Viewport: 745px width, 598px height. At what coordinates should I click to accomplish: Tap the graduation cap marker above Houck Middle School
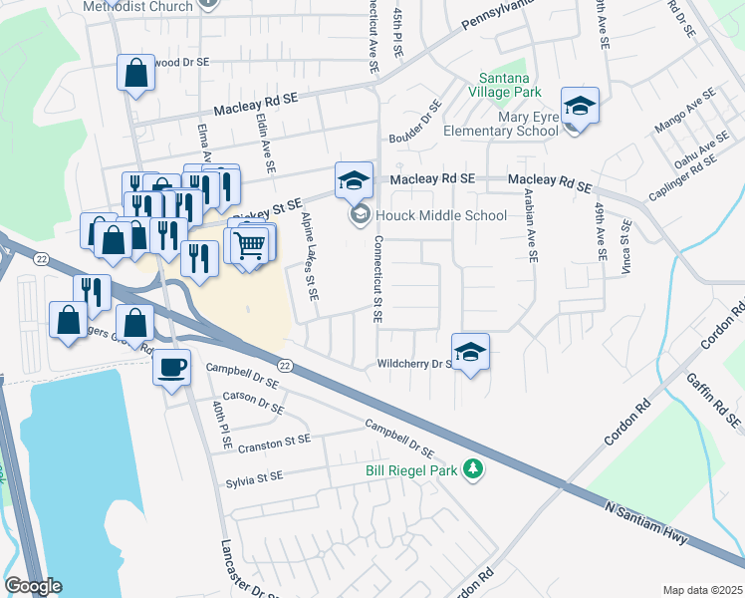click(x=354, y=180)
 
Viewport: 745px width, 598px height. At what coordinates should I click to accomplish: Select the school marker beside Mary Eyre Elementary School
click(x=579, y=106)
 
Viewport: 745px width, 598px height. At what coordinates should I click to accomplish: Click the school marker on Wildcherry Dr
click(x=470, y=352)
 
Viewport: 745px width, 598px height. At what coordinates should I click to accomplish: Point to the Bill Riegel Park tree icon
click(x=476, y=468)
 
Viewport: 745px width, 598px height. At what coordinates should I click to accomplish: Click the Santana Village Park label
click(x=509, y=85)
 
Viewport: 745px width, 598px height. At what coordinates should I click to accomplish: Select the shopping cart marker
click(x=251, y=243)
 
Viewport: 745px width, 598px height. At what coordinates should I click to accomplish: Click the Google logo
click(x=33, y=586)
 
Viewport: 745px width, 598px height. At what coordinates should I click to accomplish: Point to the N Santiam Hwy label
click(x=647, y=523)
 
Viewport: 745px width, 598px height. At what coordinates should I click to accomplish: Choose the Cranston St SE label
click(x=275, y=444)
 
